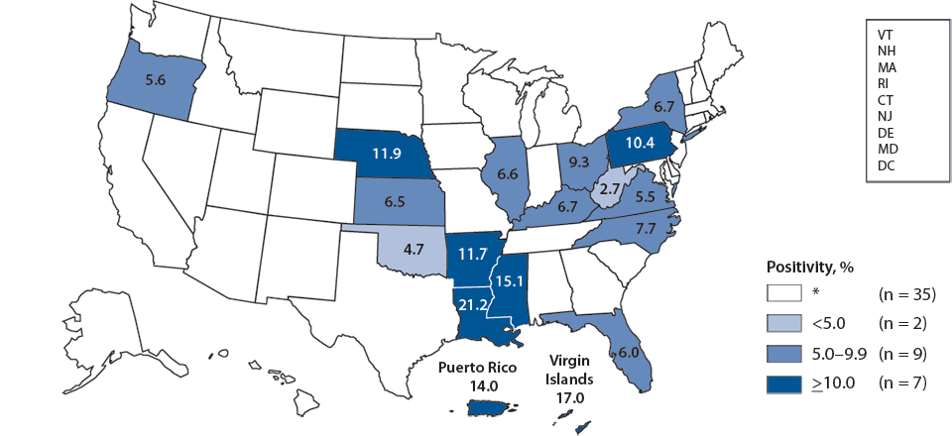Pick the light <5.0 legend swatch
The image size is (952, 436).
[782, 323]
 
